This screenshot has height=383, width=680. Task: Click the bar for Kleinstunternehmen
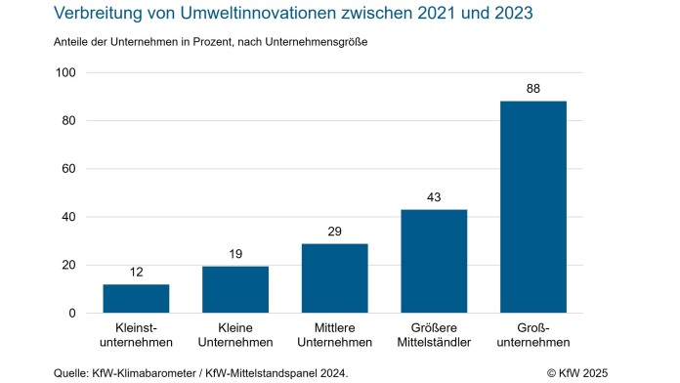coord(136,299)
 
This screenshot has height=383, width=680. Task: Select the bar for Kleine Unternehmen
coord(235,290)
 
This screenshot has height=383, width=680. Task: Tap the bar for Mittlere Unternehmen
coord(334,278)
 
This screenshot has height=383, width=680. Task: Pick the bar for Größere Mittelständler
coord(434,262)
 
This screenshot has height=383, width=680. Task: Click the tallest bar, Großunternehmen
coord(532,207)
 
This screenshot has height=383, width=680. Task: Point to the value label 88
coord(532,89)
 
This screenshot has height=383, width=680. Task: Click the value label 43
coord(434,197)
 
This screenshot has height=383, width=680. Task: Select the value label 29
coord(334,232)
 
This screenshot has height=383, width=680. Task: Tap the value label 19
coord(235,255)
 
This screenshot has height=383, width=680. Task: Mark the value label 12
coord(136,273)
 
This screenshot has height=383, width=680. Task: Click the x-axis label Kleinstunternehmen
coord(136,335)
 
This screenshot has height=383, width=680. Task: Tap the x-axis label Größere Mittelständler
coord(434,335)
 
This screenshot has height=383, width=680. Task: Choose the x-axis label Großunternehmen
coord(532,335)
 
